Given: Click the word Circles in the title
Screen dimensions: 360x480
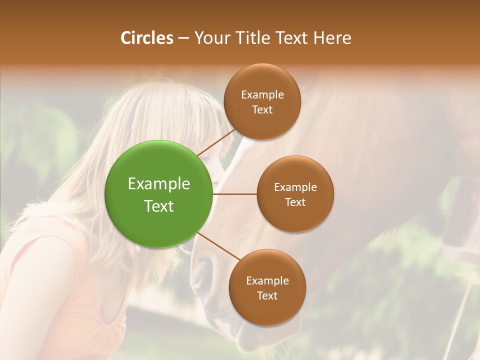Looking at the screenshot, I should pyautogui.click(x=146, y=38).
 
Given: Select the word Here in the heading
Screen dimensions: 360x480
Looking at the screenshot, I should pyautogui.click(x=332, y=38).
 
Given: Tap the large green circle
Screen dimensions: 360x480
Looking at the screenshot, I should pyautogui.click(x=158, y=194).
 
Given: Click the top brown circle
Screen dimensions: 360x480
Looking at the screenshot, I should pyautogui.click(x=262, y=102).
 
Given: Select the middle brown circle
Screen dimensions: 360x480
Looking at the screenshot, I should pyautogui.click(x=295, y=194).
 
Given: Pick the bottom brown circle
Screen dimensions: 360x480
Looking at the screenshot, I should pyautogui.click(x=267, y=288).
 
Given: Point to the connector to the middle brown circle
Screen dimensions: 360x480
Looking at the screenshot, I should pyautogui.click(x=234, y=194).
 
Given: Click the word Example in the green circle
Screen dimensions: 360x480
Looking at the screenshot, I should pyautogui.click(x=158, y=184).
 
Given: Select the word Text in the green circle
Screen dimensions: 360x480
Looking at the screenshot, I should pyautogui.click(x=158, y=206).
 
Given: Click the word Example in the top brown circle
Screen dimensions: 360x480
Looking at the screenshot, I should pyautogui.click(x=262, y=95).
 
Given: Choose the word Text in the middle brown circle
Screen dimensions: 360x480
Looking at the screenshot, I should pyautogui.click(x=295, y=202).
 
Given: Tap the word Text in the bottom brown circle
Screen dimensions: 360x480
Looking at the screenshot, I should pyautogui.click(x=267, y=295).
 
